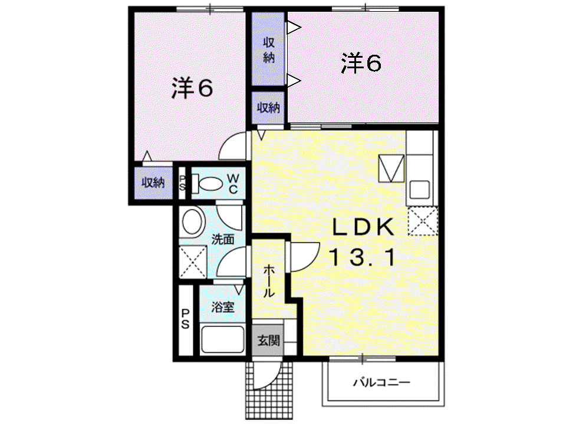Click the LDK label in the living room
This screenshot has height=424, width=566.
363,227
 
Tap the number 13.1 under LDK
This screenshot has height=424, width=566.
362,258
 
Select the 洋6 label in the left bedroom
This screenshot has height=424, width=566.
192,88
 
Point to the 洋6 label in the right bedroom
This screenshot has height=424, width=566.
361,63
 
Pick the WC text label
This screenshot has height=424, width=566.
233,184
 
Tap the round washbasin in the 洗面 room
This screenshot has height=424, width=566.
192,222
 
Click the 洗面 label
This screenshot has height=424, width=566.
223,239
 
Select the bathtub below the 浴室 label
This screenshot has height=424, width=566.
222,339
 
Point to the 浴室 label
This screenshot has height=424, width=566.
223,307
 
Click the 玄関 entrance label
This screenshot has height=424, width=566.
268,340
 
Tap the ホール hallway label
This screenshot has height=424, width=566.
269,281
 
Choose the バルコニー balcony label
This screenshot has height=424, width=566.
381,382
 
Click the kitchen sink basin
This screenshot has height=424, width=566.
419,189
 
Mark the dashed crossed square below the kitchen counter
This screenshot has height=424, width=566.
423,221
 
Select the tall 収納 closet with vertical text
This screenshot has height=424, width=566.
268,49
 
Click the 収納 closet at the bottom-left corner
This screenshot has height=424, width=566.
153,183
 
